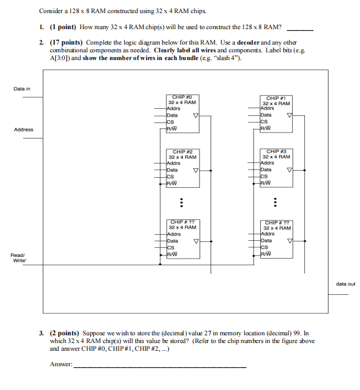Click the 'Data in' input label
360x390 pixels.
click(22, 89)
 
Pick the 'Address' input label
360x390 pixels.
click(24, 130)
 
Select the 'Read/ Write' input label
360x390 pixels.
click(18, 257)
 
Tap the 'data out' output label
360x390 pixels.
click(345, 284)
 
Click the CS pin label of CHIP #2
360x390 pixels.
click(171, 177)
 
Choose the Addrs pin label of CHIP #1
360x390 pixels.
click(267, 108)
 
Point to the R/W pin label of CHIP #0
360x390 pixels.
click(173, 128)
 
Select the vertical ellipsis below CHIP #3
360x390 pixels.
click(274, 202)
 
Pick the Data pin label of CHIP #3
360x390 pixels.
click(266, 169)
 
